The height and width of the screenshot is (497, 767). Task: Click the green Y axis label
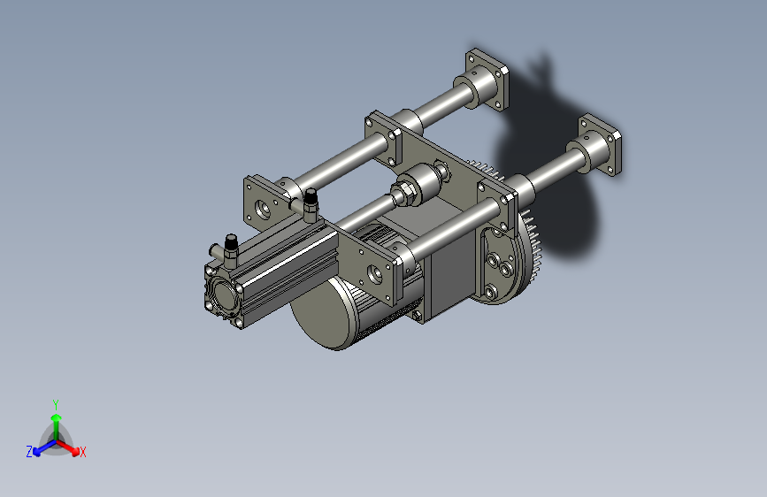tap(56, 404)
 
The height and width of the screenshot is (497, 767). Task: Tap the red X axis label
tap(82, 452)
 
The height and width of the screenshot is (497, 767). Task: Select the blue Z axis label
tap(29, 452)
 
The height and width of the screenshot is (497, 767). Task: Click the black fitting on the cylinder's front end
tap(231, 242)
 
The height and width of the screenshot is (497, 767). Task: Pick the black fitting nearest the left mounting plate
tap(311, 198)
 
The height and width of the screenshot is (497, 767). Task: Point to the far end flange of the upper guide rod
tap(487, 79)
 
